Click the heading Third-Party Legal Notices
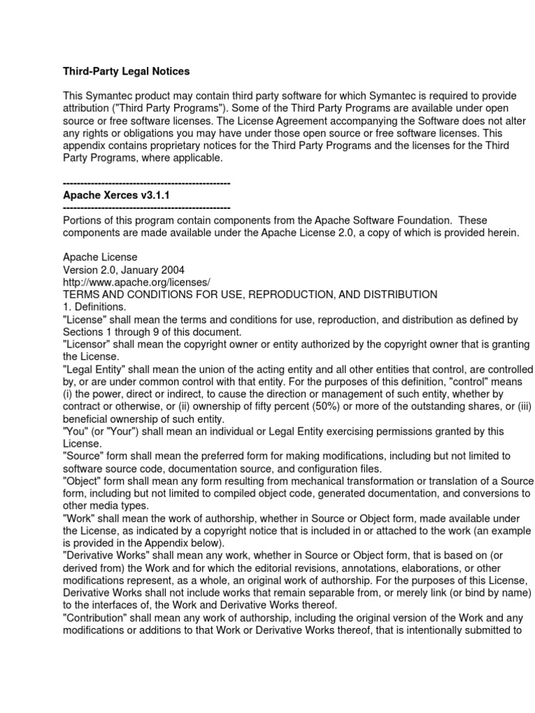pyautogui.click(x=126, y=71)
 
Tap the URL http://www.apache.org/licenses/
pyautogui.click(x=137, y=282)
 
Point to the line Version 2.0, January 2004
pyautogui.click(x=123, y=269)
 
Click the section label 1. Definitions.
pyautogui.click(x=95, y=307)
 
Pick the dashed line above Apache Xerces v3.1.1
pyautogui.click(x=146, y=183)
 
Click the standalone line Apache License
pyautogui.click(x=100, y=257)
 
